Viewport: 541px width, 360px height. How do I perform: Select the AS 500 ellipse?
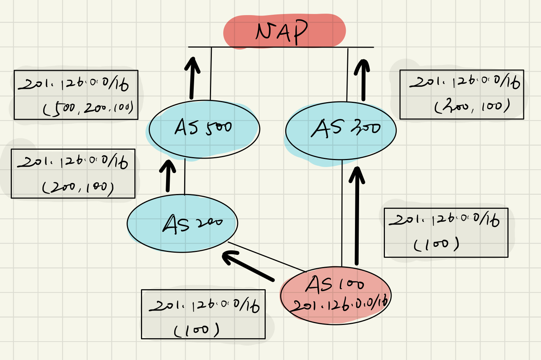(x=204, y=129)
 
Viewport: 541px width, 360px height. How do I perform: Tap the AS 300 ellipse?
(x=341, y=131)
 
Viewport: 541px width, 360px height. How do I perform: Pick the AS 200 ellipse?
(x=182, y=224)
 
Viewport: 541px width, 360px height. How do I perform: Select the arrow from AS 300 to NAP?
(x=363, y=80)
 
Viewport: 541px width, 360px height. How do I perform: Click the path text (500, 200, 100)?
(x=88, y=108)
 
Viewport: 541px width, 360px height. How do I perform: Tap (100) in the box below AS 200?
(x=197, y=330)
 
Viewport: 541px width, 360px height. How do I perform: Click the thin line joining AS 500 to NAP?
(x=211, y=74)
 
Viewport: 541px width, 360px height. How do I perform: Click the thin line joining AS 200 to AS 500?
(x=185, y=177)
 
